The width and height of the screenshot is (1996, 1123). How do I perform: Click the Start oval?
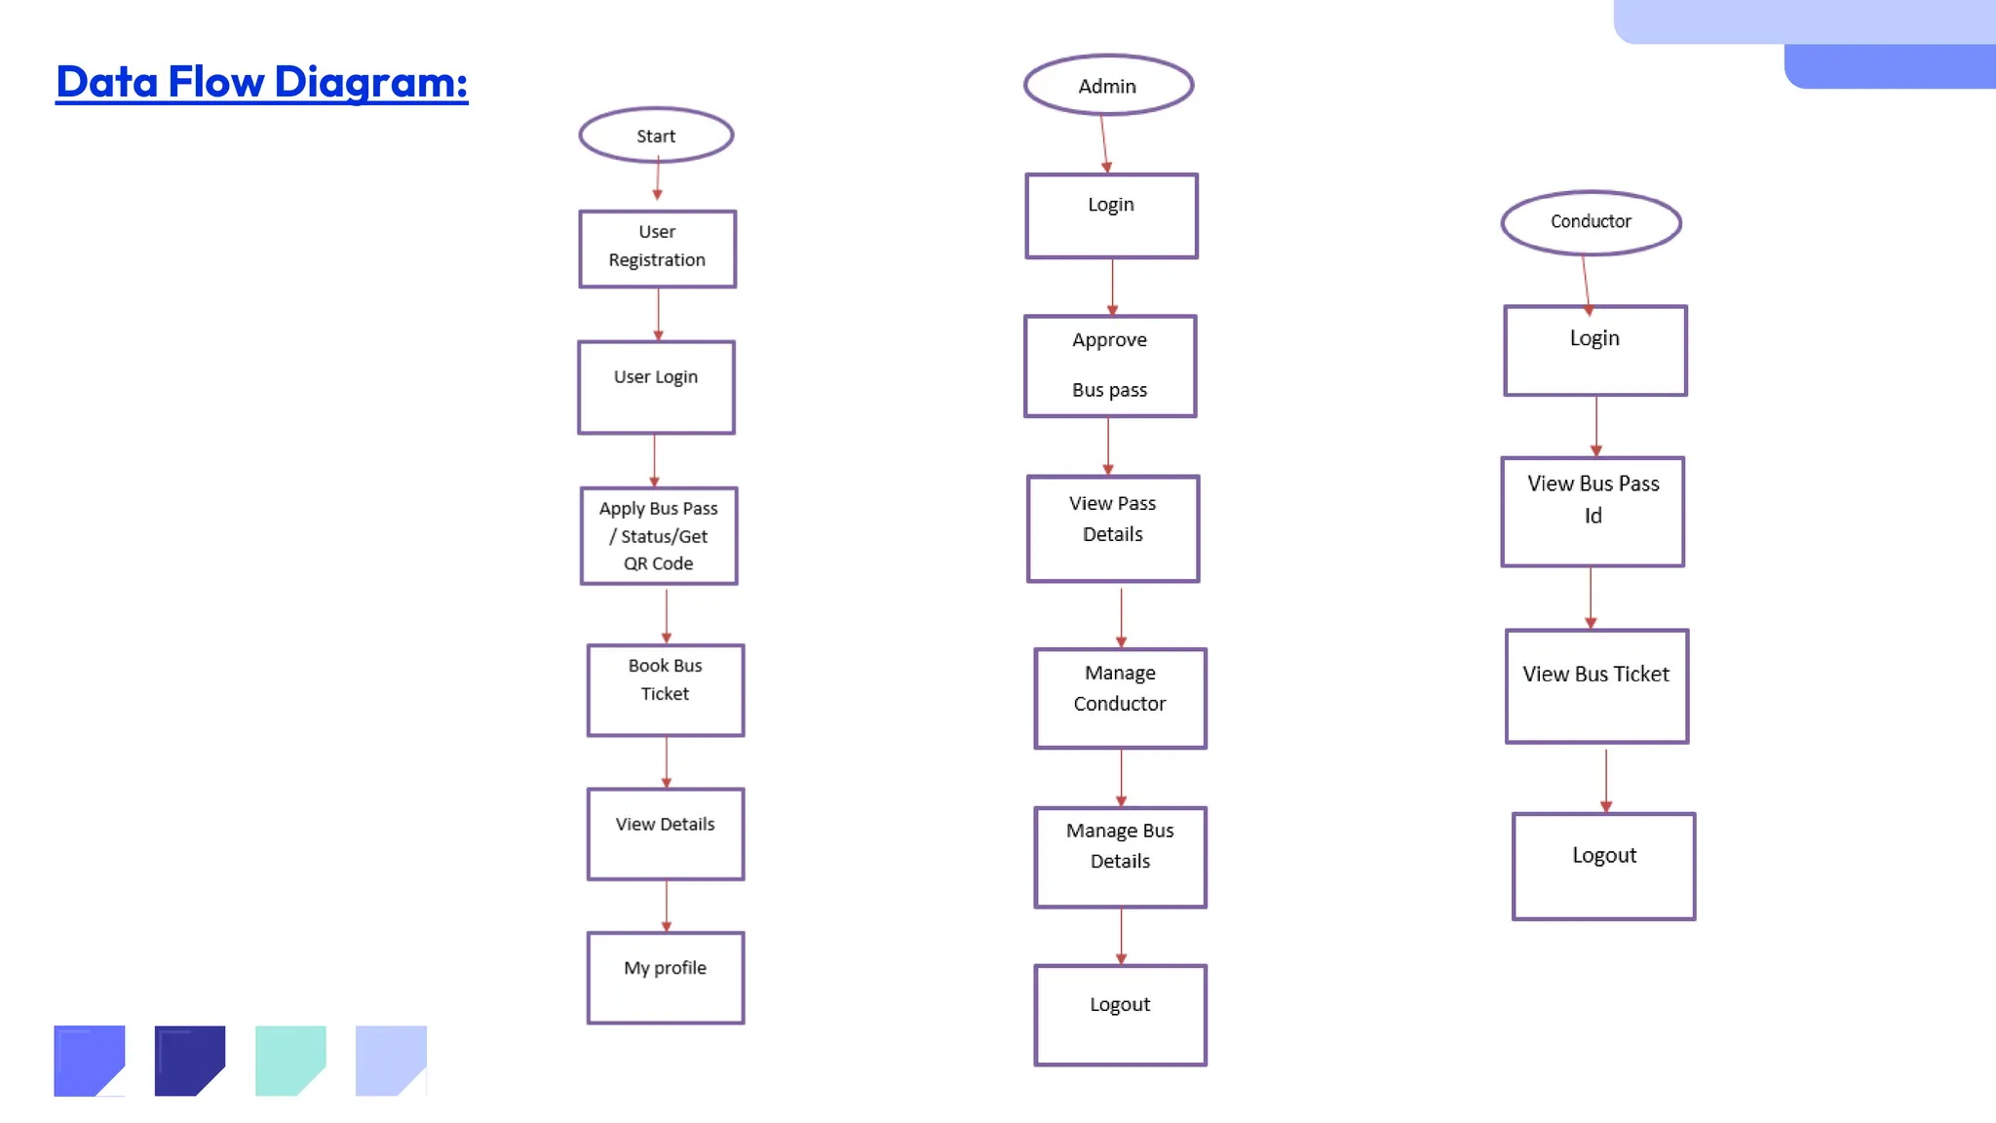click(656, 136)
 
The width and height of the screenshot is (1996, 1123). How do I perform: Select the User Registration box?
click(658, 249)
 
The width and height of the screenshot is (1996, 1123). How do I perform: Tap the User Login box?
click(656, 387)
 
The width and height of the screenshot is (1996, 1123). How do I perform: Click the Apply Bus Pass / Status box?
click(659, 536)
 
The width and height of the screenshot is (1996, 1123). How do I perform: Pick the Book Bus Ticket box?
click(666, 690)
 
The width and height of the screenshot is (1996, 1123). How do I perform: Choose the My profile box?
click(666, 978)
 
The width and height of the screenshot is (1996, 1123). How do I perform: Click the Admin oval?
click(1108, 86)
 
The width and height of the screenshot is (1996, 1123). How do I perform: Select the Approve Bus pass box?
click(1110, 366)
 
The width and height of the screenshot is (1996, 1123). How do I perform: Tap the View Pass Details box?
click(1113, 528)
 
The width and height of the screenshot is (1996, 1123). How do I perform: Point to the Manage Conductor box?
click(1121, 698)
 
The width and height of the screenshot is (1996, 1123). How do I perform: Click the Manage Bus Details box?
click(1121, 857)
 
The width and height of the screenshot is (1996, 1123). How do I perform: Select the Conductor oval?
click(1591, 222)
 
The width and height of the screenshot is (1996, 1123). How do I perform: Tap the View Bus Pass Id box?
click(1593, 511)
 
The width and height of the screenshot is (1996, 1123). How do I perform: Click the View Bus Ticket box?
click(1596, 685)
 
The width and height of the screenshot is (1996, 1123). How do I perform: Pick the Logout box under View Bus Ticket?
click(1604, 866)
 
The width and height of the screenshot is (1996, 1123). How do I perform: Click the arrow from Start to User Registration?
click(658, 180)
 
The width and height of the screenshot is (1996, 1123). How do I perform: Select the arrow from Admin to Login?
click(1104, 143)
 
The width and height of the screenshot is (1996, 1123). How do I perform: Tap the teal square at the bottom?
click(289, 1060)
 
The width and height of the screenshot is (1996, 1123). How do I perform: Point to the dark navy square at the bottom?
click(189, 1060)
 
